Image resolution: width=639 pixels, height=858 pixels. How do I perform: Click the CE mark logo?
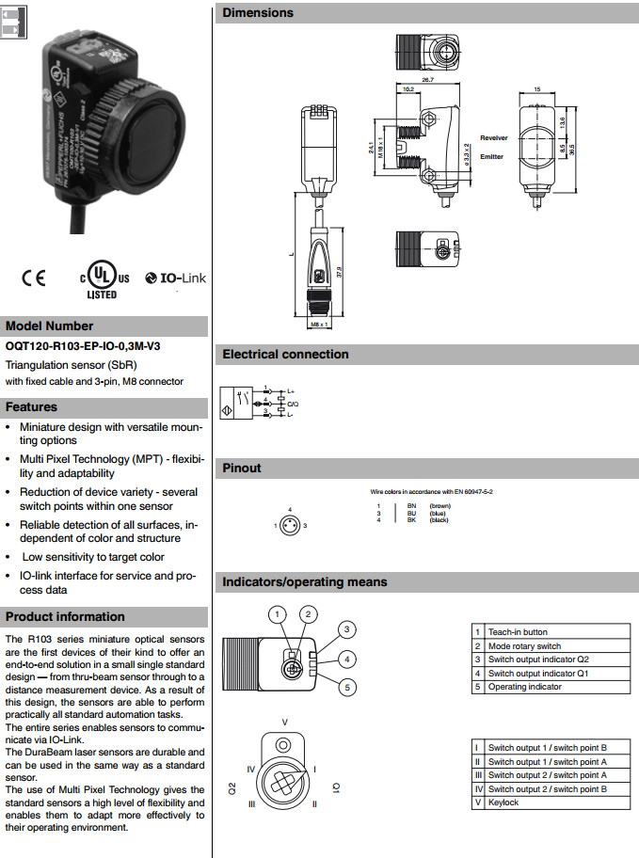coord(34,278)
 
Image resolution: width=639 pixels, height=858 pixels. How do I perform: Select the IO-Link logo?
coord(176,278)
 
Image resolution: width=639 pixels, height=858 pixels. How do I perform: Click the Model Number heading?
coord(50,326)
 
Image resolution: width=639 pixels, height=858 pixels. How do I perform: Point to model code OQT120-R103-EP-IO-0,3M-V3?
coord(83,346)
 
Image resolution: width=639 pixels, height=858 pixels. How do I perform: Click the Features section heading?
coord(32,407)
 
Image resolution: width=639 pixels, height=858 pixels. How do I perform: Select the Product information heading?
coord(65,617)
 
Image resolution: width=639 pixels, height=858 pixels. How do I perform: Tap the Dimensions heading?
coord(258,13)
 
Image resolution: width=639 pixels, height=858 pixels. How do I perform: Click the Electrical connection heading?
coord(285,355)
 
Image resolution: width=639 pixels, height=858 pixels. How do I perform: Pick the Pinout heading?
coord(242,468)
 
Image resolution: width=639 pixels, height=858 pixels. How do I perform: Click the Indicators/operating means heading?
coord(304,582)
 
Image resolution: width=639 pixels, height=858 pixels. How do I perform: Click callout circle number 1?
coord(276,614)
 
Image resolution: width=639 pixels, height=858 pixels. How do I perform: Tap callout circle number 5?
coord(347,688)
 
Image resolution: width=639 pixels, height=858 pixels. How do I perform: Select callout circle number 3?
coord(346,629)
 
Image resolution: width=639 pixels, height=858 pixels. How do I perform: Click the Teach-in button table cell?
coord(518,632)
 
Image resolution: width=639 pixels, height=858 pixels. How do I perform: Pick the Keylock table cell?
coord(503,802)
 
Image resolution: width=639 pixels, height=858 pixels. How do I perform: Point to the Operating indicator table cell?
coord(524,687)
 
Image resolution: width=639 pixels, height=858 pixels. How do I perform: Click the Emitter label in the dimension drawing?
coord(491,156)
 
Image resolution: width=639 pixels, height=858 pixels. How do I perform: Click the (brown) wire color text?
coord(439,505)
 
